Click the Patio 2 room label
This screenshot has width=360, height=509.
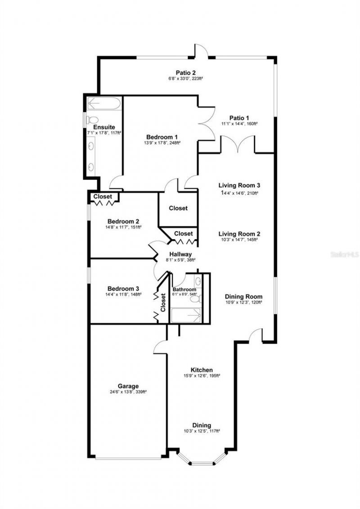click(185, 72)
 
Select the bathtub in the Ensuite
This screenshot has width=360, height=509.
click(103, 103)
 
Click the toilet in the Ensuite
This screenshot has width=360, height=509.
click(93, 121)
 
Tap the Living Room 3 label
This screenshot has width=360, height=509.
click(239, 185)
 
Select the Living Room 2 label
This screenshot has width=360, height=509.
click(239, 234)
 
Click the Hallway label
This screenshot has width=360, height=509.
click(180, 254)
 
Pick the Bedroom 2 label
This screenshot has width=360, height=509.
click(123, 221)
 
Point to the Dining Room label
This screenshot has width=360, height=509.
click(243, 297)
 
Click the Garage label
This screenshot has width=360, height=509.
click(128, 386)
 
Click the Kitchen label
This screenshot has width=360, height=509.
click(201, 370)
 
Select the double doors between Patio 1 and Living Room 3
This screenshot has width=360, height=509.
click(238, 145)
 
